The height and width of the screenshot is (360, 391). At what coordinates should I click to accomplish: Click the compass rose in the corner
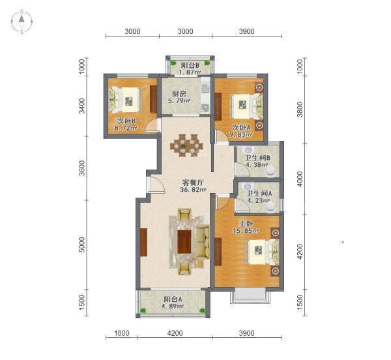click(x=22, y=22)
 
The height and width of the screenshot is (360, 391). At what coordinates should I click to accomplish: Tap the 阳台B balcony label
click(x=190, y=65)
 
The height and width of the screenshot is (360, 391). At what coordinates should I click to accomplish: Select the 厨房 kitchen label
click(x=179, y=94)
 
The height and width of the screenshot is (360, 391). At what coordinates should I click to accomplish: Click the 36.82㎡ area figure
click(x=194, y=190)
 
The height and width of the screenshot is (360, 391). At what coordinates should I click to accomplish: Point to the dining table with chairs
click(x=186, y=145)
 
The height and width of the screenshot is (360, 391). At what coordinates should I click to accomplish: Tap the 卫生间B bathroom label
click(x=257, y=158)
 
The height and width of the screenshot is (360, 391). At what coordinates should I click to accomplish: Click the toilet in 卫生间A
click(x=270, y=207)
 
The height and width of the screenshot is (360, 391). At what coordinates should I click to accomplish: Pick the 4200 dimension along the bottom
click(x=175, y=333)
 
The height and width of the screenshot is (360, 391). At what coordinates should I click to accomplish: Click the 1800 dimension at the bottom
click(x=122, y=333)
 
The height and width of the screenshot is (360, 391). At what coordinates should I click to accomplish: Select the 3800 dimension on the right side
click(x=300, y=109)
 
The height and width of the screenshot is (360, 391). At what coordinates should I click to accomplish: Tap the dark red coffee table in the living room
click(x=184, y=241)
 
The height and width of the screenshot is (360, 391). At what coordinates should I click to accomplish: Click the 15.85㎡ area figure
click(x=246, y=231)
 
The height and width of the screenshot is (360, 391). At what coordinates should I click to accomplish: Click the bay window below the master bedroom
click(x=250, y=295)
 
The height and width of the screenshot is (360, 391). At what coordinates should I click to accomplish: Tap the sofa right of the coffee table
click(x=202, y=241)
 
